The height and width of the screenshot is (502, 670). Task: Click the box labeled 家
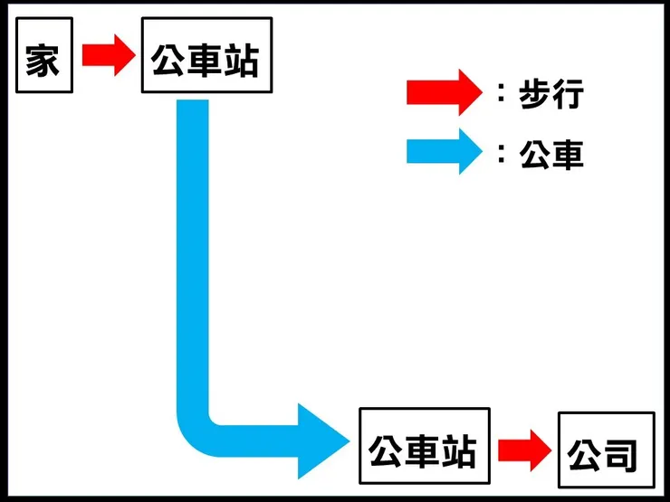pyautogui.click(x=43, y=56)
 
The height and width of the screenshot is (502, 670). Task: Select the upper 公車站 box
pyautogui.click(x=206, y=56)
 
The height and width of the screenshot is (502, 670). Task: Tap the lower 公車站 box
pyautogui.click(x=424, y=450)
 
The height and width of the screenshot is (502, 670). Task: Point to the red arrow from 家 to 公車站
pyautogui.click(x=106, y=56)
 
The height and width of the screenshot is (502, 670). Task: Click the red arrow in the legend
pyautogui.click(x=441, y=91)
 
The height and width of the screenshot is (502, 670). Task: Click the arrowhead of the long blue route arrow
pyautogui.click(x=321, y=440)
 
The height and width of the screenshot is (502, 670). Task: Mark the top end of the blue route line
pyautogui.click(x=193, y=107)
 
